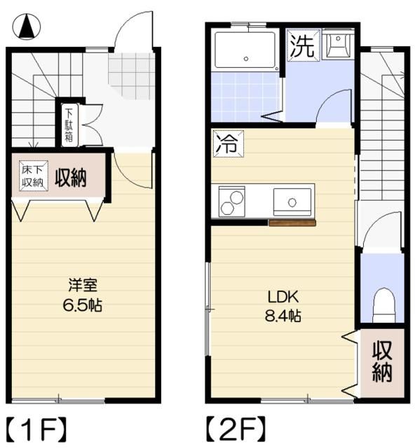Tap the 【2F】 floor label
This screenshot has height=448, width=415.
point(236,426)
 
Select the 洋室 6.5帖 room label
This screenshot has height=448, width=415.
point(83,295)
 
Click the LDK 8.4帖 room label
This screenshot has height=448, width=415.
point(283,305)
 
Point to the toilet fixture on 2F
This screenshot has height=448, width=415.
point(383,304)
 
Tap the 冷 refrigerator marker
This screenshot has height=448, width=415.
point(224,144)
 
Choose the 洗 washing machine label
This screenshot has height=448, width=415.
point(302,46)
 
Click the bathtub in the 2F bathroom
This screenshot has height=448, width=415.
point(246,50)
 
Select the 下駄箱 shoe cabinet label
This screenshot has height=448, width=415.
point(69,125)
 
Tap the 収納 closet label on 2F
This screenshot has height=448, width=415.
point(382,361)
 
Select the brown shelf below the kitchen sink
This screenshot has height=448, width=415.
point(292,223)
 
